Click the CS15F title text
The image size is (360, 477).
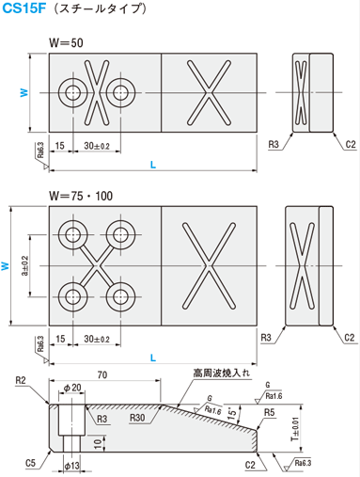pyautogui.click(x=23, y=8)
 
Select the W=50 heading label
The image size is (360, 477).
pyautogui.click(x=66, y=43)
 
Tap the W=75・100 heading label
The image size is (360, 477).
pyautogui.click(x=81, y=196)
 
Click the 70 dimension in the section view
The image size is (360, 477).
pyautogui.click(x=102, y=374)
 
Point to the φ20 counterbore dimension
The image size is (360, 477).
pyautogui.click(x=72, y=388)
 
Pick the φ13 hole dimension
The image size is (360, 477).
pyautogui.click(x=71, y=466)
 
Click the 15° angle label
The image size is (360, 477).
pyautogui.click(x=232, y=413)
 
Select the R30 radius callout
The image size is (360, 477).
pyautogui.click(x=137, y=418)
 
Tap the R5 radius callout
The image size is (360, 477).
pyautogui.click(x=269, y=412)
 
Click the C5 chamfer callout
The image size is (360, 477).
pyautogui.click(x=31, y=463)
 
